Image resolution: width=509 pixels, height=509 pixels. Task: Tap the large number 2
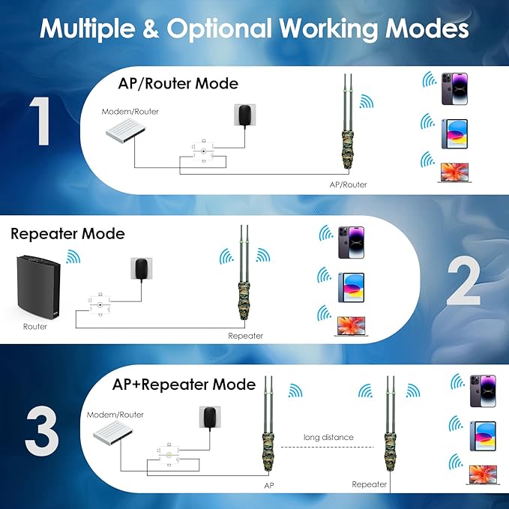(x=463, y=283)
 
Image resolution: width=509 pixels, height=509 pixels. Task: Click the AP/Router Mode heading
(x=178, y=82)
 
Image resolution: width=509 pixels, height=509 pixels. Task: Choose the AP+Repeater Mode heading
(x=184, y=385)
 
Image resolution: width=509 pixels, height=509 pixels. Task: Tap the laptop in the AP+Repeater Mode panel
(x=483, y=474)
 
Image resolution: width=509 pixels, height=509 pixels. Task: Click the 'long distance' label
(x=328, y=437)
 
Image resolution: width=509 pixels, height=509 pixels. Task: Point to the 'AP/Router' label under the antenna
(x=349, y=184)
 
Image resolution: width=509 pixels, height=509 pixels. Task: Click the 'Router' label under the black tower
(x=35, y=327)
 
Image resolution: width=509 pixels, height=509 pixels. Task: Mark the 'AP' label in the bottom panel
(x=269, y=485)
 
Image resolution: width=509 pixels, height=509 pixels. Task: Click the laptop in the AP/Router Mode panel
(x=454, y=172)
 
